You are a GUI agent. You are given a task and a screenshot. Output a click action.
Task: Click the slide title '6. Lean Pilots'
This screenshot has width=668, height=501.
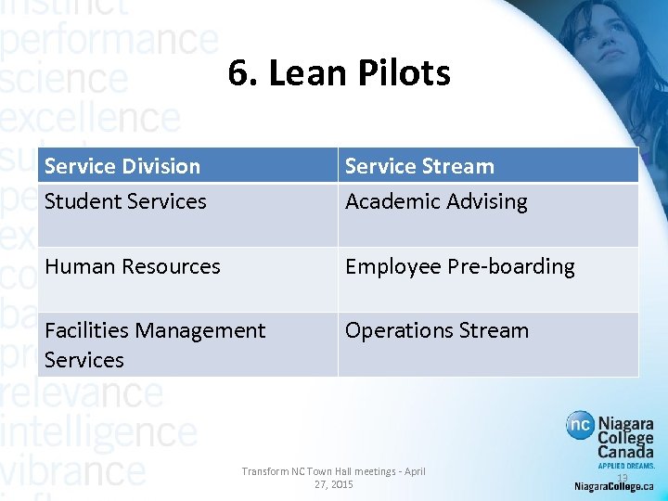tap(339, 73)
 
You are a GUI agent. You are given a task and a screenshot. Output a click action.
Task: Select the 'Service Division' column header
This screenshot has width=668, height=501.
tap(122, 166)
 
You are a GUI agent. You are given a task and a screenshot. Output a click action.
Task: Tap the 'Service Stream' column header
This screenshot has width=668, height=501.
tap(419, 166)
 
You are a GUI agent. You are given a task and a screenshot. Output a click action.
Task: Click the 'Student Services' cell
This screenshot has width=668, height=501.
tap(125, 201)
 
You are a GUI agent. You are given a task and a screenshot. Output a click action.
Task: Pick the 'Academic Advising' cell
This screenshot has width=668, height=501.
tap(436, 201)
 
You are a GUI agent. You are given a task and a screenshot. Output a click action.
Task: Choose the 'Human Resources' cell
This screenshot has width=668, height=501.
tap(133, 266)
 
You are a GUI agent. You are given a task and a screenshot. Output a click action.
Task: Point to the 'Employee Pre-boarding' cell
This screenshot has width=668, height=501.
tap(459, 266)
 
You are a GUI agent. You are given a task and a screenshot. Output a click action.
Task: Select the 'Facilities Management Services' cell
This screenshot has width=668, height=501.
tap(154, 344)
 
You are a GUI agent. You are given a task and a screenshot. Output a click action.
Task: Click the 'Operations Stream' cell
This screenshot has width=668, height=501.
tap(436, 330)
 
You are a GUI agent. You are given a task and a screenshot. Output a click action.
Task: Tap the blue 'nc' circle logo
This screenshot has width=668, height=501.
tap(581, 427)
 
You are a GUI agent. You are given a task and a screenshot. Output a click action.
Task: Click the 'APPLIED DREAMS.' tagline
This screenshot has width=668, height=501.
tap(624, 466)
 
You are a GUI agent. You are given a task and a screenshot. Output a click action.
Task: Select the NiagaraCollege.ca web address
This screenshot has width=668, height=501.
tap(613, 486)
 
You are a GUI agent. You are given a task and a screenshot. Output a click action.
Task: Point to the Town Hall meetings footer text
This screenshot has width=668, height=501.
tap(333, 478)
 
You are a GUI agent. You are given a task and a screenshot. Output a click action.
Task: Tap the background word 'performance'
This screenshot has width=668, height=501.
tap(109, 42)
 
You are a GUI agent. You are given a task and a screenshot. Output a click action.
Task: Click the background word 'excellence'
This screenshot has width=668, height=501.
tap(90, 119)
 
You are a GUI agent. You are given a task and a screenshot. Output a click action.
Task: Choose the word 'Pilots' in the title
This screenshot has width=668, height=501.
tap(405, 73)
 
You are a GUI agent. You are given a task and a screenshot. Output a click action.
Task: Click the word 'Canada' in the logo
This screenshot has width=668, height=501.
tap(624, 452)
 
